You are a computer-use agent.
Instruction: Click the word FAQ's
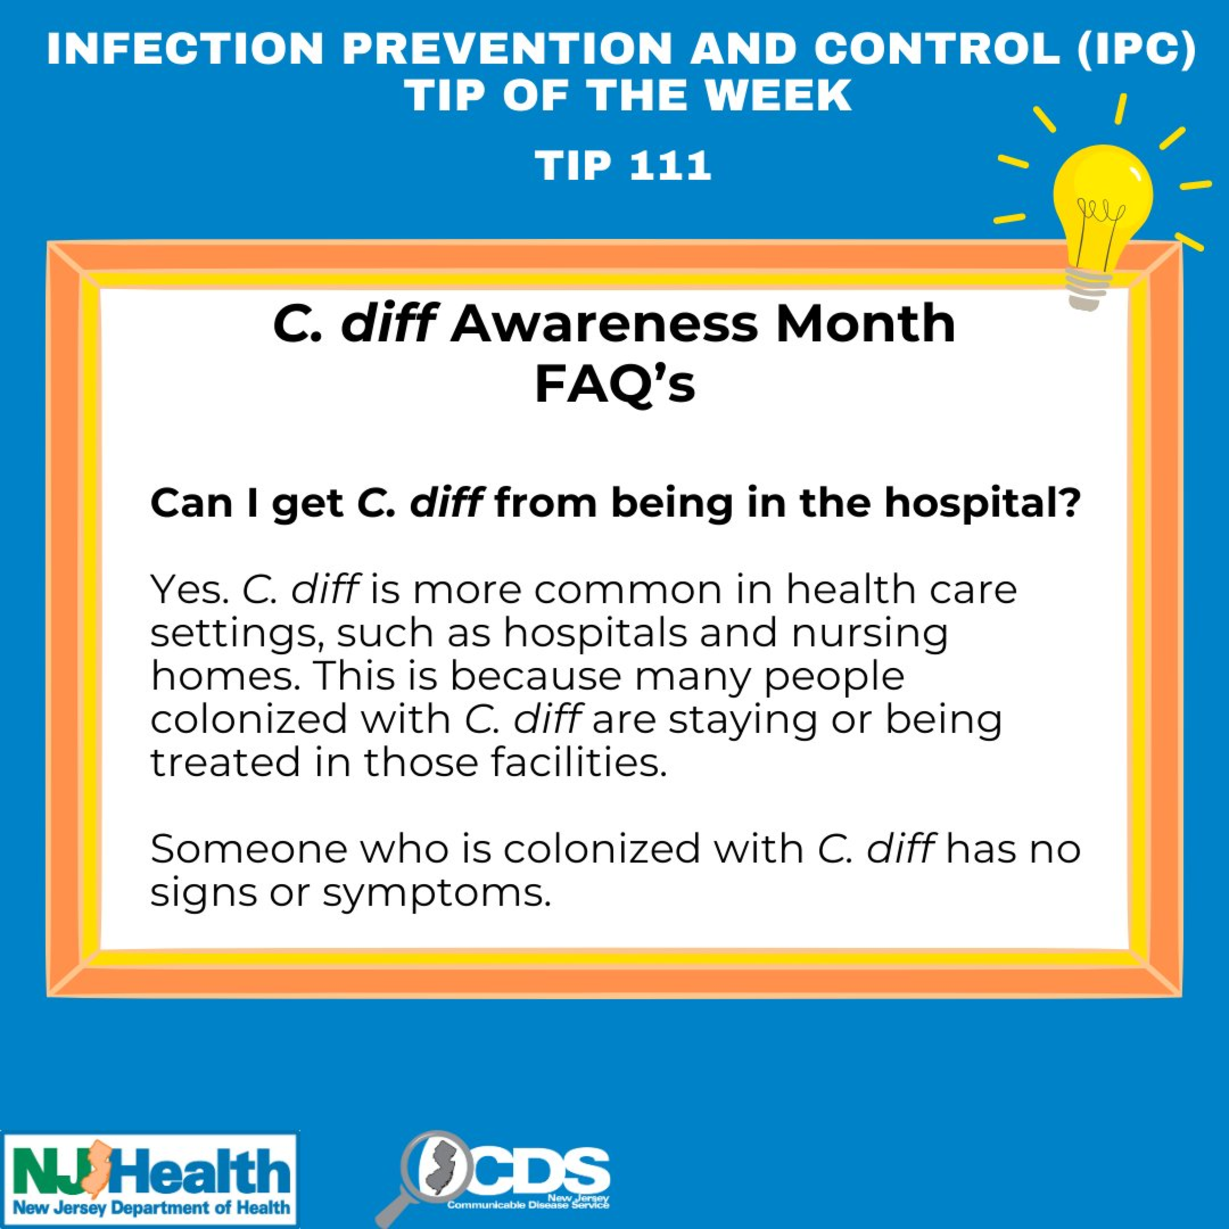[614, 385]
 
